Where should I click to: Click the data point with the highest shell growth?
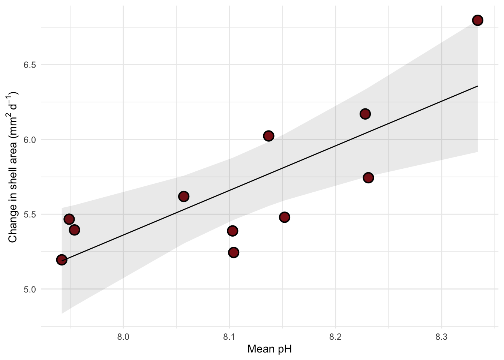click(x=477, y=20)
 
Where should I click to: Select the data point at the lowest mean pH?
click(x=61, y=259)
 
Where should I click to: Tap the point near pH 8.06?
click(x=183, y=196)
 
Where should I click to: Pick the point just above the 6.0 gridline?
click(x=268, y=136)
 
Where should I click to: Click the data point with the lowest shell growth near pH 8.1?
click(x=234, y=252)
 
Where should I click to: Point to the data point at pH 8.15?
click(x=284, y=217)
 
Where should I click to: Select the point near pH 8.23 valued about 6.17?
click(x=365, y=114)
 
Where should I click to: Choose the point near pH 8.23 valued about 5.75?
click(x=368, y=177)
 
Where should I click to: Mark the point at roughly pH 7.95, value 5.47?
click(x=69, y=219)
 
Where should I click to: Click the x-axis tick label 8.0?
click(x=123, y=337)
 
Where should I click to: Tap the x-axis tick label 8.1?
click(x=229, y=337)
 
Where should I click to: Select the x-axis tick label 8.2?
click(x=335, y=337)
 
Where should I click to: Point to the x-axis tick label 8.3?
click(x=441, y=337)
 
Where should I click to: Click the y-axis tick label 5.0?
click(x=30, y=289)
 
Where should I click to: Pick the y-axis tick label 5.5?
click(x=30, y=214)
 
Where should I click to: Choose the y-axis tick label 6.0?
click(x=30, y=139)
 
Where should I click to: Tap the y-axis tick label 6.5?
click(x=30, y=65)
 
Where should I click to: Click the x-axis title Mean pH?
click(x=269, y=349)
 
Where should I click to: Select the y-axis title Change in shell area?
click(x=13, y=167)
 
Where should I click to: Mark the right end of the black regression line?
click(x=477, y=86)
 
